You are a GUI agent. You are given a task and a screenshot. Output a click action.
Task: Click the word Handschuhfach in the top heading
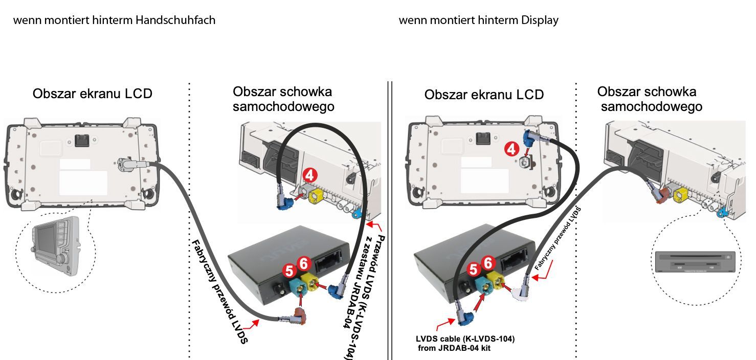(175, 20)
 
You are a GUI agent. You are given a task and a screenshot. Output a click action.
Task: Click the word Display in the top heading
(540, 20)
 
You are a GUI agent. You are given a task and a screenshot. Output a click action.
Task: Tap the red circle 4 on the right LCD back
(512, 149)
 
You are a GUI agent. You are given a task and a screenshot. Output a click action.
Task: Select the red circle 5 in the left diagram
(289, 270)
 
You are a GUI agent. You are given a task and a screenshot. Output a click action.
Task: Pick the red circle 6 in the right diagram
(488, 263)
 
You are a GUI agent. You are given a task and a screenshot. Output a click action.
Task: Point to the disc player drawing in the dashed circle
(695, 262)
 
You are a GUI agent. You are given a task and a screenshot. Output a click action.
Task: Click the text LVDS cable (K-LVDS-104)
(465, 339)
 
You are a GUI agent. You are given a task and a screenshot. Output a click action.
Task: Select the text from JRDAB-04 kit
(454, 348)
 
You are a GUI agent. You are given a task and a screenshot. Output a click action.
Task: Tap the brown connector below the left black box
(300, 316)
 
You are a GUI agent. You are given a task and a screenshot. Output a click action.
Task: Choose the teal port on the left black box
(298, 288)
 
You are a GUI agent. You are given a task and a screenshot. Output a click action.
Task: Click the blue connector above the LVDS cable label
(465, 317)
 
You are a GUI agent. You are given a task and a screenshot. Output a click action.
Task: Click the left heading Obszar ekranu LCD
(93, 94)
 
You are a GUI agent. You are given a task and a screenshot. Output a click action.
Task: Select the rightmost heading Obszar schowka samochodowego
(650, 99)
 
